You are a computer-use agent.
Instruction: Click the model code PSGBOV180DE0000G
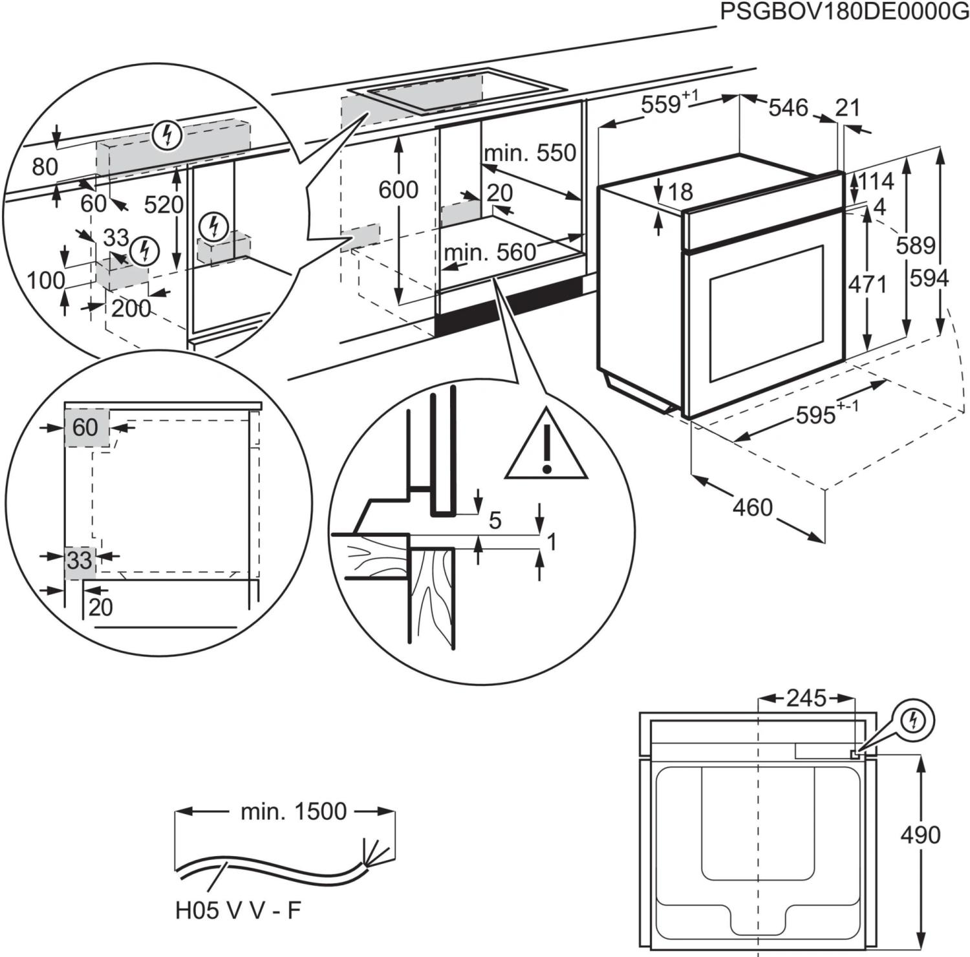[x=845, y=12]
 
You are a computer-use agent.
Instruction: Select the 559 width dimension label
[x=661, y=103]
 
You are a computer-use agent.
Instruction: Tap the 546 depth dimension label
[x=788, y=107]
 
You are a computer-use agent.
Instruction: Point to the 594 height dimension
[x=929, y=278]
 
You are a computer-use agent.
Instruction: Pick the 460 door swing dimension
[x=753, y=507]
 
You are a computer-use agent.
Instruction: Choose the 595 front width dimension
[x=816, y=415]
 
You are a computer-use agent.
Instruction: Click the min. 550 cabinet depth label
[x=530, y=153]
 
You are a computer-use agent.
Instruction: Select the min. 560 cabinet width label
[x=490, y=252]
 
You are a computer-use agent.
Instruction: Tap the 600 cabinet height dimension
[x=398, y=189]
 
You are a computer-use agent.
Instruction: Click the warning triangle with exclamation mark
[x=546, y=446]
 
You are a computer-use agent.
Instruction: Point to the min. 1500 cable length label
[x=294, y=811]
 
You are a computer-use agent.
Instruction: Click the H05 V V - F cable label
[x=238, y=910]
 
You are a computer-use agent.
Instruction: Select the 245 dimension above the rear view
[x=806, y=698]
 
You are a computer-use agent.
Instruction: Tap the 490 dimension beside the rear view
[x=920, y=835]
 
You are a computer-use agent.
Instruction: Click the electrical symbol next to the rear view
[x=913, y=720]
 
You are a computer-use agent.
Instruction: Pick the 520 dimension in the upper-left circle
[x=163, y=205]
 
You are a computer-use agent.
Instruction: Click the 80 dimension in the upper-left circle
[x=45, y=167]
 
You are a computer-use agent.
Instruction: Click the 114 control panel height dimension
[x=876, y=182]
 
